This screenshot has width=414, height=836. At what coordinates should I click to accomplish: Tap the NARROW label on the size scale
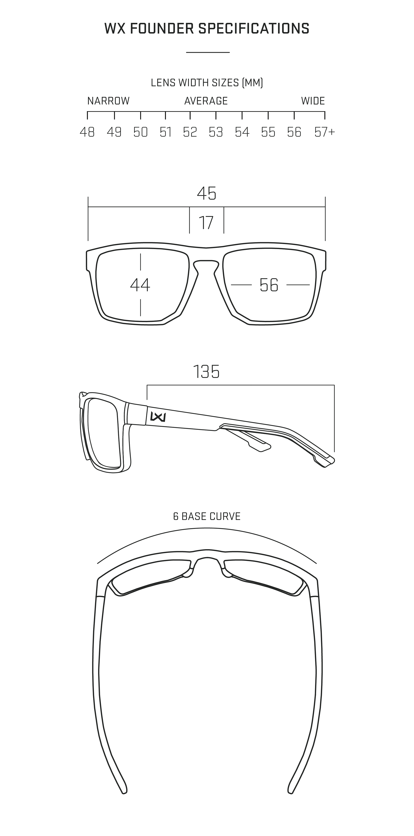click(x=108, y=101)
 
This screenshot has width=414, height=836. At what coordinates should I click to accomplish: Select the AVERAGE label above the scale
click(x=206, y=101)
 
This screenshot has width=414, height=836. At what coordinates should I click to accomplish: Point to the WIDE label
click(x=313, y=101)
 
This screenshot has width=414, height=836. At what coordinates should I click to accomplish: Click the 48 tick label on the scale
click(x=87, y=132)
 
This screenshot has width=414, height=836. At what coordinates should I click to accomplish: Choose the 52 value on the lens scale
click(x=190, y=132)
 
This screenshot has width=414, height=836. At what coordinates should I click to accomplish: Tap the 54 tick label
click(x=242, y=132)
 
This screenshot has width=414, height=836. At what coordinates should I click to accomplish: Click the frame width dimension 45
click(x=207, y=193)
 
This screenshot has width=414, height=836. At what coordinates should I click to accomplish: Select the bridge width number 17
click(x=206, y=223)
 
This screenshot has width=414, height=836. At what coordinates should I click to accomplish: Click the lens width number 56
click(x=269, y=285)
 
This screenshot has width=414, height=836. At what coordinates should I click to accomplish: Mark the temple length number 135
click(x=206, y=372)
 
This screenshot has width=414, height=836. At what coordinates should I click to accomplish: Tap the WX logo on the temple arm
click(x=158, y=416)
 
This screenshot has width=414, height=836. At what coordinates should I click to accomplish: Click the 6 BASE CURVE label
click(x=207, y=516)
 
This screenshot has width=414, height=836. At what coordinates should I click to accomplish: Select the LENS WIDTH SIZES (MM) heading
click(x=207, y=83)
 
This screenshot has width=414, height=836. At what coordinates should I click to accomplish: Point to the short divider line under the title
click(x=208, y=52)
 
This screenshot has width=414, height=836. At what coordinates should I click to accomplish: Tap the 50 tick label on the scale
click(x=141, y=132)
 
